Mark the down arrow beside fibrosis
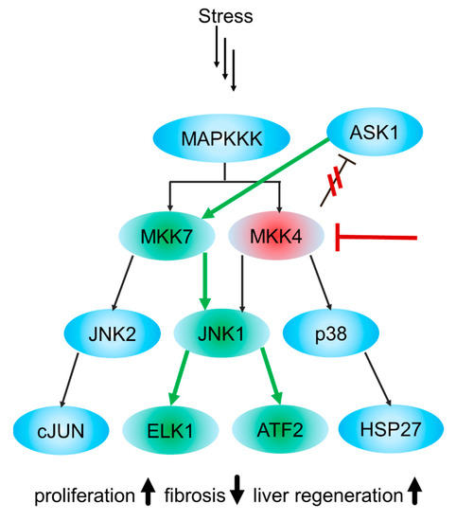(x=239, y=493)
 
